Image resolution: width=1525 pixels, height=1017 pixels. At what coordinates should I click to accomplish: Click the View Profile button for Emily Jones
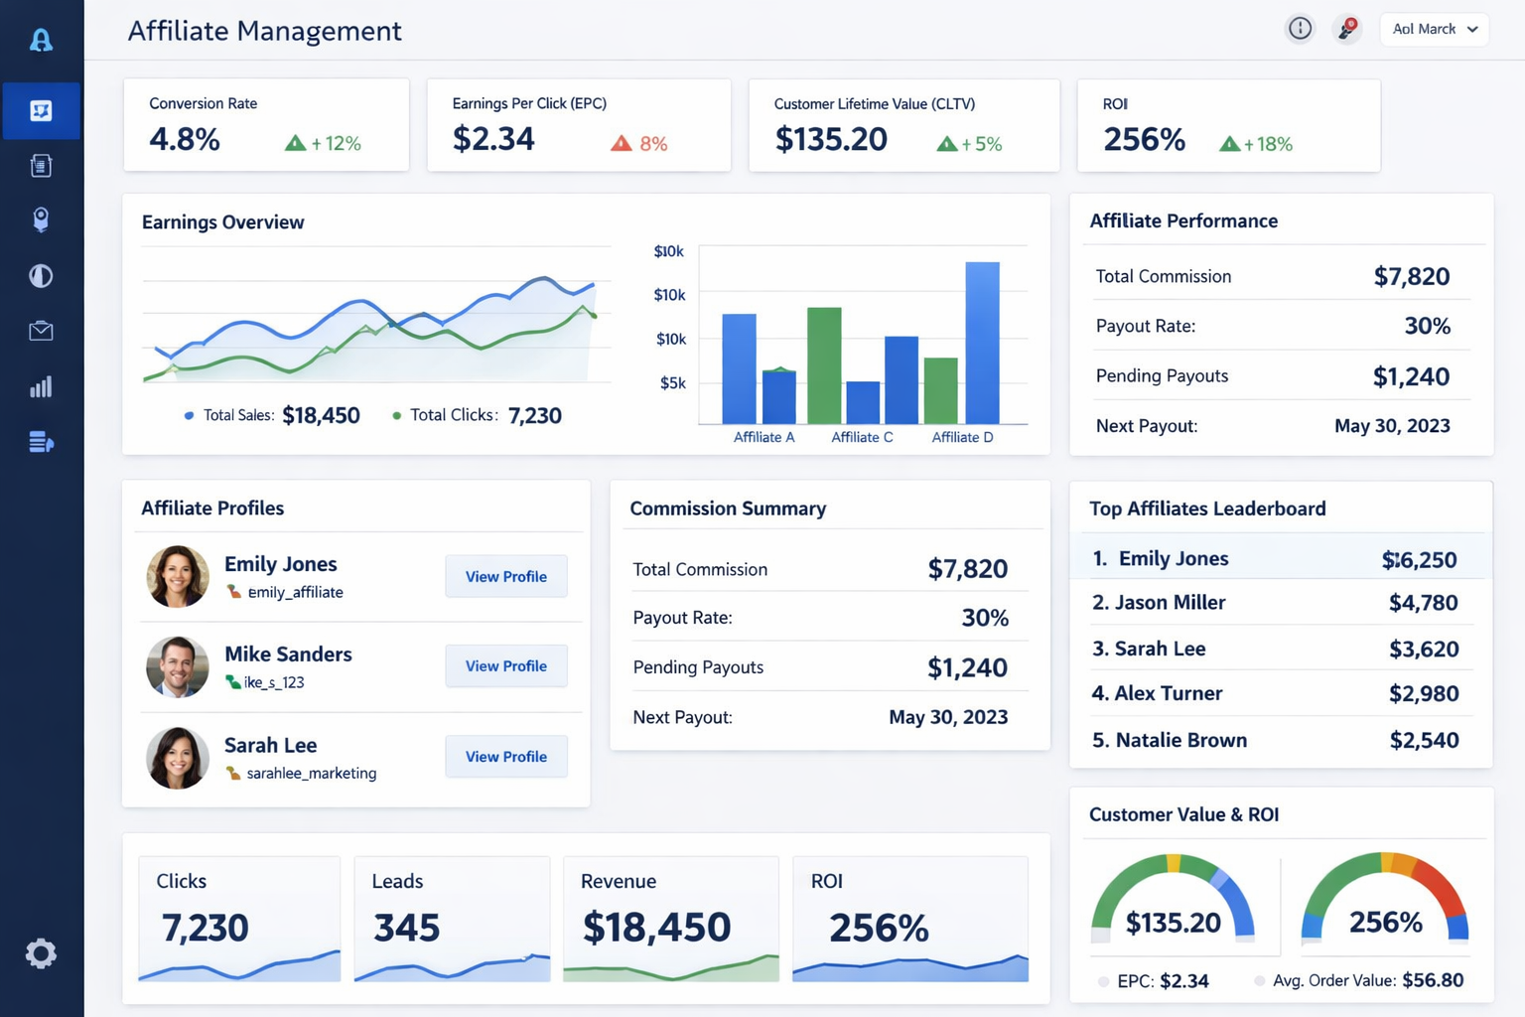point(505,576)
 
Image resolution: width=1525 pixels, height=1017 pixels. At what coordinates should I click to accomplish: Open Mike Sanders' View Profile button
point(505,665)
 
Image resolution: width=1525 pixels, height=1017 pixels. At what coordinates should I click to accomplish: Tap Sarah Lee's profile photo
point(178,758)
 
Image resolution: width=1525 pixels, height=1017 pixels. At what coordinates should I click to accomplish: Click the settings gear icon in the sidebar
point(41,953)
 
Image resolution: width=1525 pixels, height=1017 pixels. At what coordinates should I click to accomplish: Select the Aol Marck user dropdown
point(1434,29)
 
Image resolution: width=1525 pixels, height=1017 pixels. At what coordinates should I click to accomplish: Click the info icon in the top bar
point(1300,29)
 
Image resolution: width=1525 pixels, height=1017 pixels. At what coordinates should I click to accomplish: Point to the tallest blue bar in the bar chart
point(982,343)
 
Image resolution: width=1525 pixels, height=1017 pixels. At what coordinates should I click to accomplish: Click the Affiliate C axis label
point(862,437)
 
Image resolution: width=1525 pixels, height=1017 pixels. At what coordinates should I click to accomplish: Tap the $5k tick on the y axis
point(672,383)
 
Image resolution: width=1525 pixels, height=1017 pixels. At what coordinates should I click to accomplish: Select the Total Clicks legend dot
point(397,416)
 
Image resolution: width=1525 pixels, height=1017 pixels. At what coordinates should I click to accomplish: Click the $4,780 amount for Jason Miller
point(1423,603)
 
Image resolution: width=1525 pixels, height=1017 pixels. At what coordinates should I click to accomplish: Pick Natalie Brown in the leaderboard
point(1180,740)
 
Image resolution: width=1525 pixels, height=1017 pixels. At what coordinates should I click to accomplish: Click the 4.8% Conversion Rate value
point(185,139)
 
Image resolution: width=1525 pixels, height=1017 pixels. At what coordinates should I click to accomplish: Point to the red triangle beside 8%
point(622,144)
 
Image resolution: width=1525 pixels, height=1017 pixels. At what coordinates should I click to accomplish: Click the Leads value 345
point(406,928)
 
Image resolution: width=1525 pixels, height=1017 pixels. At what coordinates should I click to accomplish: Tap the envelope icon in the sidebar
point(41,331)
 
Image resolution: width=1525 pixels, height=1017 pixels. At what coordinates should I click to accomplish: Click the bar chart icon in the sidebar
point(41,387)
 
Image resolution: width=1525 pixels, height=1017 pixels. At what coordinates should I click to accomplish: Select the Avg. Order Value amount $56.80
point(1432,980)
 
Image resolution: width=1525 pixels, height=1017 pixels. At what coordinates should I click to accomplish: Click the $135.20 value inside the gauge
point(1173,923)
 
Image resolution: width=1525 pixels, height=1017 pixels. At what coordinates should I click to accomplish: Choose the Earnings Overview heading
point(222,222)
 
